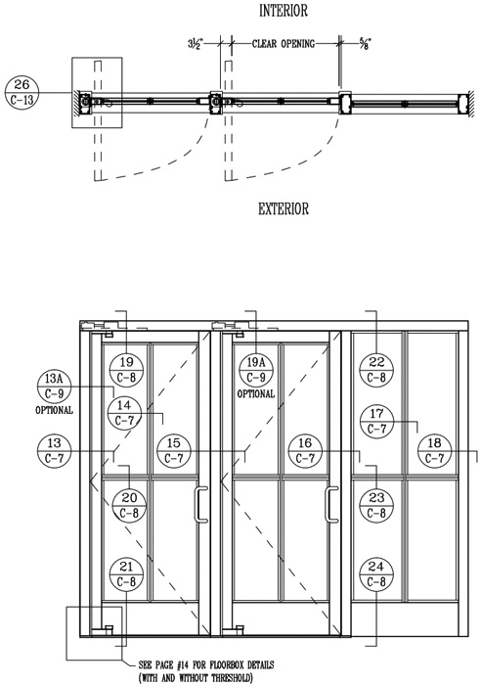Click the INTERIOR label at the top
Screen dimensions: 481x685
pos(284,11)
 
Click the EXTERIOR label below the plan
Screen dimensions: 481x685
pos(284,208)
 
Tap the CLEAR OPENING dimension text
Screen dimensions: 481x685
pos(284,44)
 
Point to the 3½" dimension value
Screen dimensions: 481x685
pos(196,43)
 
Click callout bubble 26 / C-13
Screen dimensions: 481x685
pos(22,92)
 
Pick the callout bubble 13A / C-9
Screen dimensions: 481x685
pos(54,387)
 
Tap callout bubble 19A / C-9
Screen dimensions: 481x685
pos(256,370)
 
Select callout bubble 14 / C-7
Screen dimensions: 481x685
pos(125,413)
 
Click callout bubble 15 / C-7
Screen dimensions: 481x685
pos(174,451)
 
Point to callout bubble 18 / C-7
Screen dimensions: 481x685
pos(434,451)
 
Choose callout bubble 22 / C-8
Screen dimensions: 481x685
pos(376,370)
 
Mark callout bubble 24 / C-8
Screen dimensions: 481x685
pos(376,574)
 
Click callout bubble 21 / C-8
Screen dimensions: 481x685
pos(126,574)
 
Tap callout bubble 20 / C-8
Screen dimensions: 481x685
pos(129,506)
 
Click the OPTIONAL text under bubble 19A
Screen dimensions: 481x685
pos(256,393)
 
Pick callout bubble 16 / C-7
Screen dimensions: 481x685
pos(305,451)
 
